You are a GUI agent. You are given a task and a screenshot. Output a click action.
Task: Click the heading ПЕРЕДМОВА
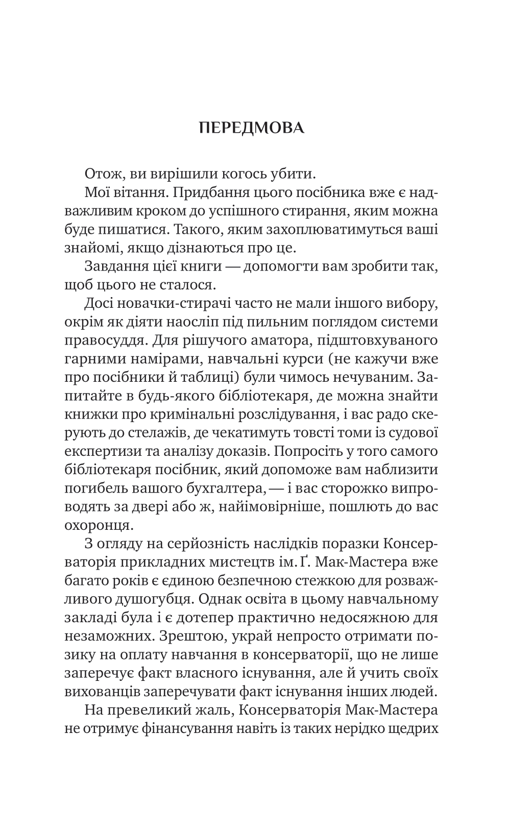pos(252,128)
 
